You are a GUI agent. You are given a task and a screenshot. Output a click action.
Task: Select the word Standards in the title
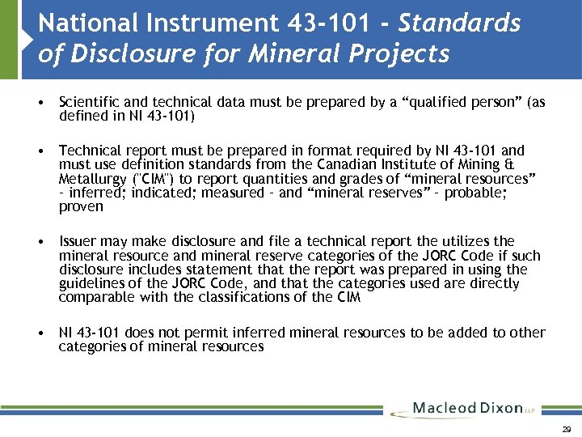click(460, 23)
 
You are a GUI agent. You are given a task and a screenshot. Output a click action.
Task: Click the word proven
click(81, 206)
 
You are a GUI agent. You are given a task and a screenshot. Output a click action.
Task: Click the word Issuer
click(78, 241)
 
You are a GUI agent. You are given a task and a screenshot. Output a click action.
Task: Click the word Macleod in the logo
click(444, 408)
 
